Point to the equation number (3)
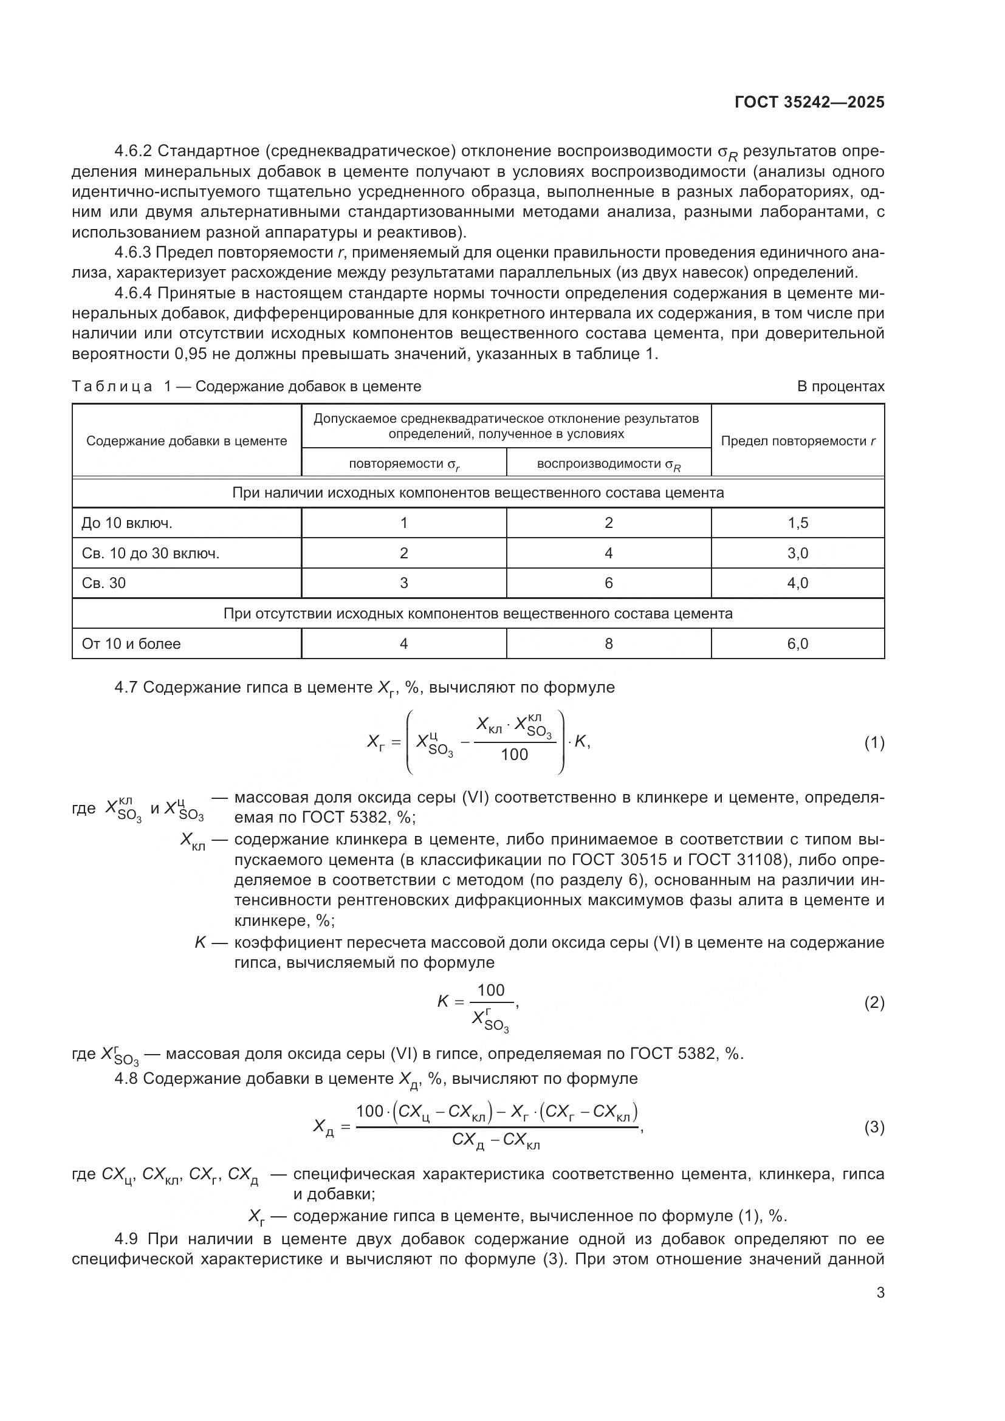874,1127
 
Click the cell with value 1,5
797,523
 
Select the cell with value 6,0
797,643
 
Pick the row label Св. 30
103,583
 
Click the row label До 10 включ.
126,523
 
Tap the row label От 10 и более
131,643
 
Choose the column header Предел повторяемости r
798,441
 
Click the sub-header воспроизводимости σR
608,464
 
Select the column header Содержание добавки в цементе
187,441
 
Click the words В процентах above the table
840,386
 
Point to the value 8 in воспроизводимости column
608,643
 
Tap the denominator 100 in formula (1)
514,755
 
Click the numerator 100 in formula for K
491,990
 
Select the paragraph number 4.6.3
133,253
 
